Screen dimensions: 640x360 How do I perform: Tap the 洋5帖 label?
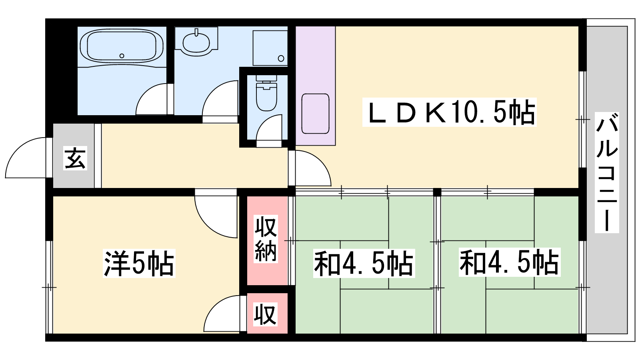[x=139, y=264]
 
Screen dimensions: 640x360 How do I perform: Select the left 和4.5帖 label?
[x=364, y=264]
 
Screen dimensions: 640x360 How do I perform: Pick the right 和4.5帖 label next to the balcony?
[x=509, y=262]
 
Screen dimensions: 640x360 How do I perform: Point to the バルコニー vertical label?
[x=606, y=172]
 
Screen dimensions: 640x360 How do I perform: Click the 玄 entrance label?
[x=75, y=158]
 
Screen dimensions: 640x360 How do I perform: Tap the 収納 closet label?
[x=266, y=239]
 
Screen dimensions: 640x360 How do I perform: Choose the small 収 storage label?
[x=266, y=314]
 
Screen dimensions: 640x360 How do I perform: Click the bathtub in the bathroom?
[x=122, y=46]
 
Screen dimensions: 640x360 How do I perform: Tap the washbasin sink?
[x=196, y=42]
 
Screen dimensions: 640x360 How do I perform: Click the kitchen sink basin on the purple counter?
[x=316, y=114]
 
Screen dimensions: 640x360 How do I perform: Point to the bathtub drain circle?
[x=122, y=56]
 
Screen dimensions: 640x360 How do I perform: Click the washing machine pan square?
[x=270, y=48]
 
